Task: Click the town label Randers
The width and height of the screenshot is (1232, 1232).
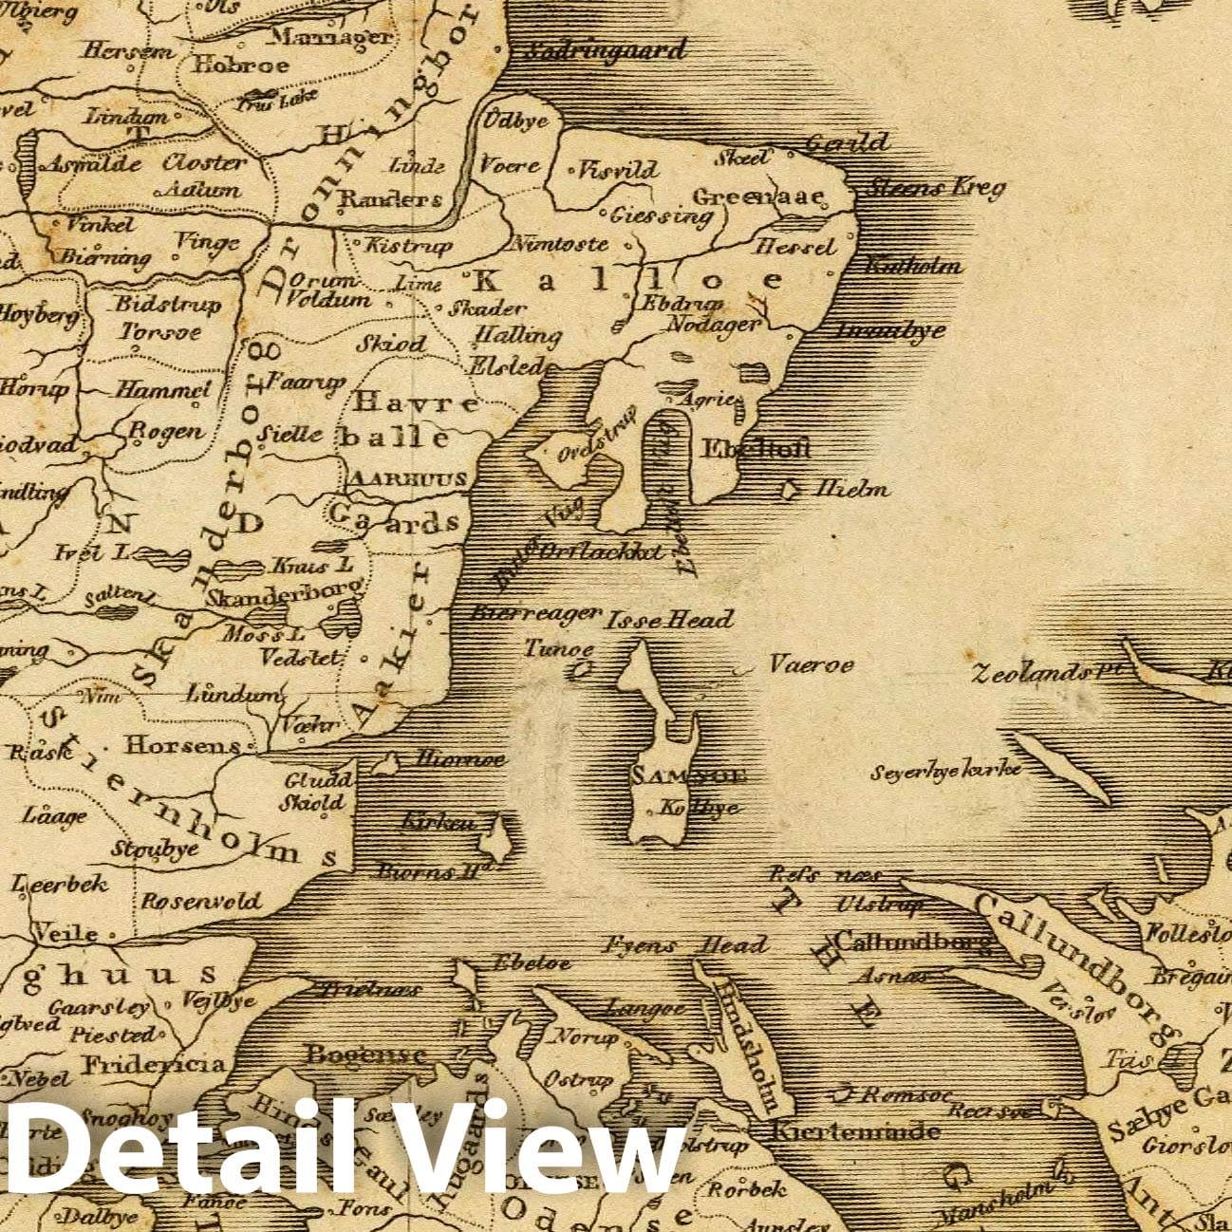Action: click(x=390, y=200)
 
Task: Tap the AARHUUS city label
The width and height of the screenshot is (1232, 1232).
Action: click(x=408, y=479)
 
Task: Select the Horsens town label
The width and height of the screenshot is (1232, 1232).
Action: click(x=183, y=746)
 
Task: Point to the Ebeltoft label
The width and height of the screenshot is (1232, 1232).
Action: click(x=756, y=449)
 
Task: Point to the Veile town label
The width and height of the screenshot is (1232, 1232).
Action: click(x=66, y=933)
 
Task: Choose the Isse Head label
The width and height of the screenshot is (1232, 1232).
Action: click(x=670, y=620)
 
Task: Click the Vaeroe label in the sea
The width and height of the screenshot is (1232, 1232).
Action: click(x=811, y=664)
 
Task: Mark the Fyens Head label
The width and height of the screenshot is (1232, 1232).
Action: click(x=685, y=945)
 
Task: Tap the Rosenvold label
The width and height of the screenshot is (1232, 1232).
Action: click(x=200, y=901)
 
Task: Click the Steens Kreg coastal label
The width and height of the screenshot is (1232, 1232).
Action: click(x=936, y=188)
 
